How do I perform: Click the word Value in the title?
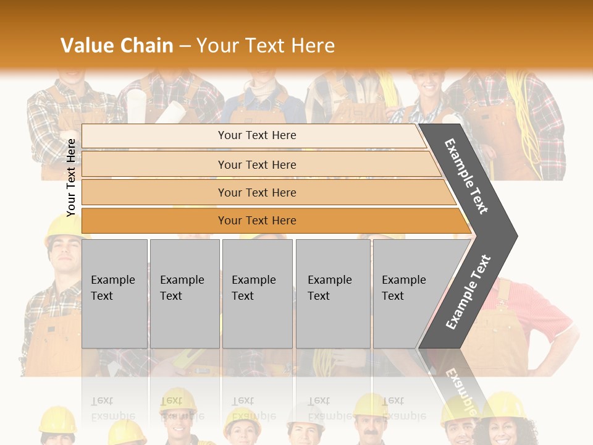click(86, 46)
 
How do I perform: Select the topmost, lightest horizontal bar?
click(253, 135)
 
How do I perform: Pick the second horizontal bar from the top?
click(259, 164)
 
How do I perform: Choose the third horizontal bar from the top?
click(266, 192)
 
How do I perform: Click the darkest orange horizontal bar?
click(272, 221)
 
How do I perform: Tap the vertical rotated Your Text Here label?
click(72, 177)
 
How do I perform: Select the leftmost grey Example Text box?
click(114, 293)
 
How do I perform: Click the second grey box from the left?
click(185, 293)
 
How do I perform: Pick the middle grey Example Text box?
click(257, 293)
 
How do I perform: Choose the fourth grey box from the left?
click(333, 293)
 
